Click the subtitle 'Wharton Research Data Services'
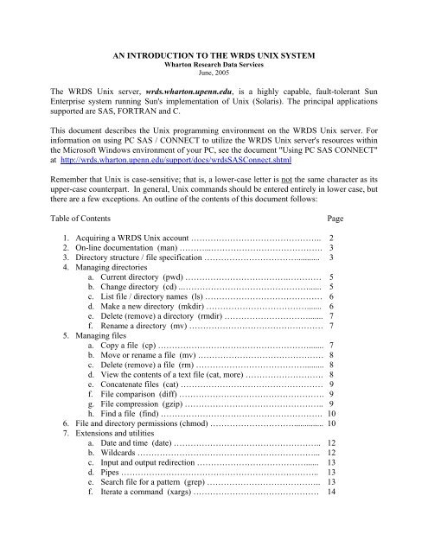pyautogui.click(x=214, y=66)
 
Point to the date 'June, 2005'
pyautogui.click(x=214, y=75)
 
